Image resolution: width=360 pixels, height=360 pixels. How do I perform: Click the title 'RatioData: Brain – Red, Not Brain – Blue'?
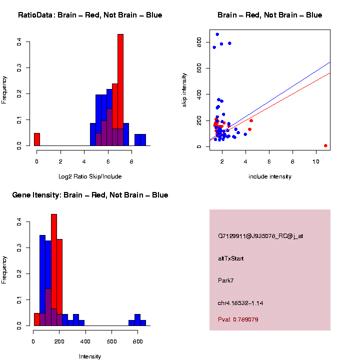pos(90,15)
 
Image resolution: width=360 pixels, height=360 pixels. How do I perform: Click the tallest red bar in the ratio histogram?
pos(120,90)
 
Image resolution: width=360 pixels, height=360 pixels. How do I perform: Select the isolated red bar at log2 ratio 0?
pos(37,139)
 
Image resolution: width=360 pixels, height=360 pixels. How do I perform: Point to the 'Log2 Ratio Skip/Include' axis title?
pos(90,176)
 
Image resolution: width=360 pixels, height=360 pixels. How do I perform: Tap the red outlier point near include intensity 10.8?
pos(325,145)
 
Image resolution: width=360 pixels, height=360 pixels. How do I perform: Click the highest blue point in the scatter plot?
pos(217,34)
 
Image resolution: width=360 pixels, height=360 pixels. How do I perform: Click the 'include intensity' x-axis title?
pos(270,176)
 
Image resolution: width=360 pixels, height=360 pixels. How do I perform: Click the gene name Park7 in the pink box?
pos(226,280)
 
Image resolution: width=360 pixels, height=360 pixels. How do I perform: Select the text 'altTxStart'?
pos(231,258)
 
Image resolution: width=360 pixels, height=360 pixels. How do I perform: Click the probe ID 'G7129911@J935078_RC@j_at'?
pos(260,236)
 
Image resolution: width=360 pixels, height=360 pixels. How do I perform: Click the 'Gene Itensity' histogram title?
pos(90,195)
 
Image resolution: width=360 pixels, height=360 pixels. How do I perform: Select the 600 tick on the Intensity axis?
pos(111,342)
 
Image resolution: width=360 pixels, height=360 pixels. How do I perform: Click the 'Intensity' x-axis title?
pos(90,356)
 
